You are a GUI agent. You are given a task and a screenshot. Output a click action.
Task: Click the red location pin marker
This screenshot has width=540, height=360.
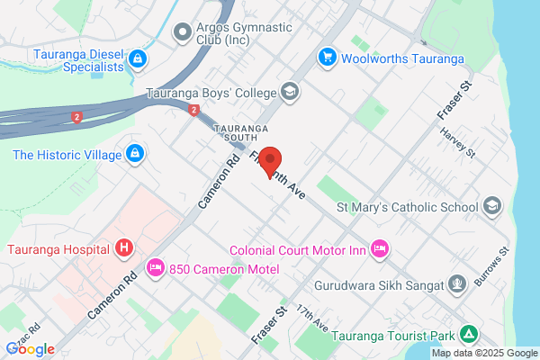tap(277, 163)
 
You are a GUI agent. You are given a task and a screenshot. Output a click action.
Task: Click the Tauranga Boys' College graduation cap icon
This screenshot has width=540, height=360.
tap(290, 92)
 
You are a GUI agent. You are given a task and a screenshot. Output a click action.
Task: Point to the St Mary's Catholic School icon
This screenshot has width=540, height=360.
tap(491, 207)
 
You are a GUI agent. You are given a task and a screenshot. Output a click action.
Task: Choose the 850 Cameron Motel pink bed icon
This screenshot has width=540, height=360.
tap(155, 267)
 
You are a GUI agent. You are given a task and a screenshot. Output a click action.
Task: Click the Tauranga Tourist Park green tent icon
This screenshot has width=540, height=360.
tap(468, 335)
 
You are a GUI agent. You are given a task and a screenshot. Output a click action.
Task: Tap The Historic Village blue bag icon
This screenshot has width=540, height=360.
tap(134, 155)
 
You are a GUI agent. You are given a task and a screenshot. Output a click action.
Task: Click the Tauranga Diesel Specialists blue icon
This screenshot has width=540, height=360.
tap(138, 60)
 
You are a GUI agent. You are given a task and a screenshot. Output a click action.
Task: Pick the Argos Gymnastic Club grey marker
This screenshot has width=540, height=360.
tap(184, 32)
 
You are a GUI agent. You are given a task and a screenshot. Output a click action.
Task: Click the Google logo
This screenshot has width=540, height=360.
tap(30, 349)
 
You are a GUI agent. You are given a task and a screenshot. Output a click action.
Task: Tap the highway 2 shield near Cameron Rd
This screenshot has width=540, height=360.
tap(193, 110)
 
